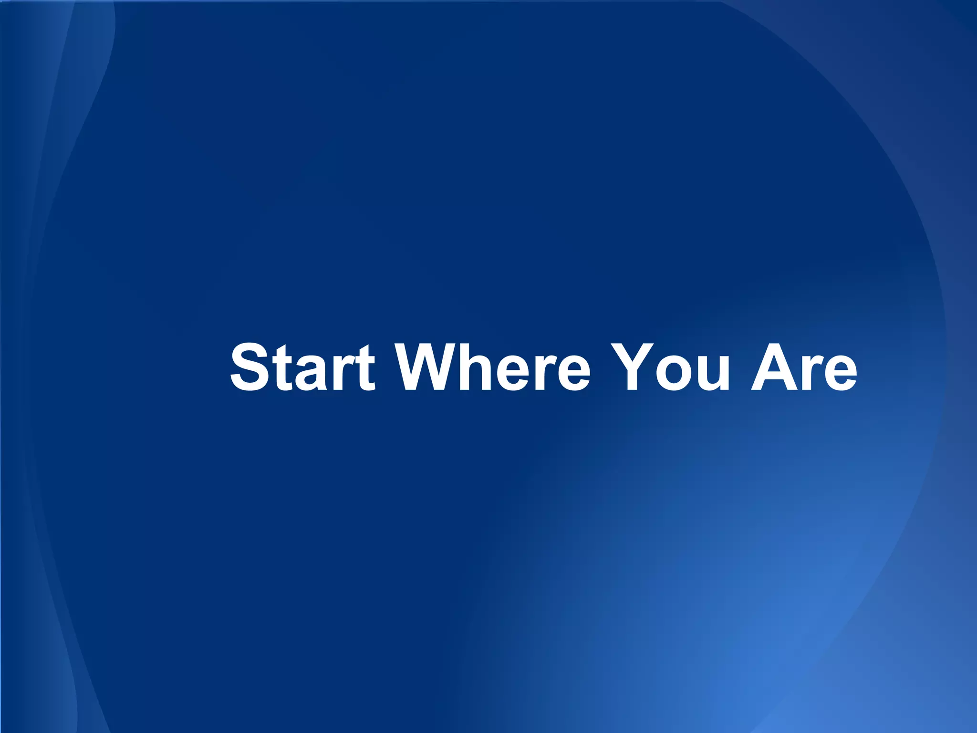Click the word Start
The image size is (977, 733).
click(x=302, y=367)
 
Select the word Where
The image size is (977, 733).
click(x=494, y=367)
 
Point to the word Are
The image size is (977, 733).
click(x=804, y=367)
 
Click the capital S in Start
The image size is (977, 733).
click(x=249, y=367)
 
